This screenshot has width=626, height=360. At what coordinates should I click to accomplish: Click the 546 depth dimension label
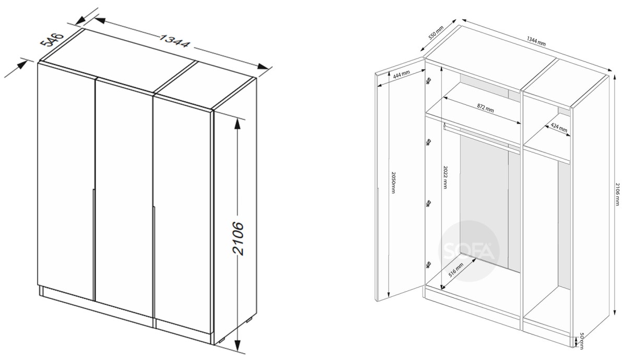click(x=52, y=40)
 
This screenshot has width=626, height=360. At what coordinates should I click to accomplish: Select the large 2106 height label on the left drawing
click(x=238, y=238)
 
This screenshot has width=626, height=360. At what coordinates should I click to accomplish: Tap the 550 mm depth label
click(x=436, y=33)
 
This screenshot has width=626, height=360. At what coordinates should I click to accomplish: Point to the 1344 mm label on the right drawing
click(x=536, y=41)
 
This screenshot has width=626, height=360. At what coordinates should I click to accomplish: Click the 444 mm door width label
click(x=401, y=74)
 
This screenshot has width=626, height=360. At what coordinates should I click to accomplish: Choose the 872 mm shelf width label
click(x=485, y=108)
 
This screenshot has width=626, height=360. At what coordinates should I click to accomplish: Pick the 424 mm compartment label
click(x=559, y=128)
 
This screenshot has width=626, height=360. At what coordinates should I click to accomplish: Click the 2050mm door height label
click(x=393, y=182)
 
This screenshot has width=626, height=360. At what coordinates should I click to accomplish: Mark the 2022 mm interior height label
click(x=445, y=177)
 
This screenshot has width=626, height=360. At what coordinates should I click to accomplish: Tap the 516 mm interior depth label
click(x=456, y=269)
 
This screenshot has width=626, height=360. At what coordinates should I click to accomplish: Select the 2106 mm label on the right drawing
click(x=617, y=194)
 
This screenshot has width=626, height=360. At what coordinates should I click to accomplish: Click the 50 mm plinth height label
click(x=582, y=341)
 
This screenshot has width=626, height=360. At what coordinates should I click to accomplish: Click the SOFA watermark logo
click(x=468, y=251)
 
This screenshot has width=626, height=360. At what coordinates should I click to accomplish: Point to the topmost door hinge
click(x=428, y=81)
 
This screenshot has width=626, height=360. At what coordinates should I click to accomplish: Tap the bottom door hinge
click(x=428, y=265)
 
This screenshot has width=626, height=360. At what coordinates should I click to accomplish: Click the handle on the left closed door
click(x=93, y=245)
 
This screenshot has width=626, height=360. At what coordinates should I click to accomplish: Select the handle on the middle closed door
click(x=153, y=261)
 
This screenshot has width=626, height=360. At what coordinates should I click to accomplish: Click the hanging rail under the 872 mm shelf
click(x=481, y=138)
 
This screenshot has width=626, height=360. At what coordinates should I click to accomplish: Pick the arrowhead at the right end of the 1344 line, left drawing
click(x=263, y=67)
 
